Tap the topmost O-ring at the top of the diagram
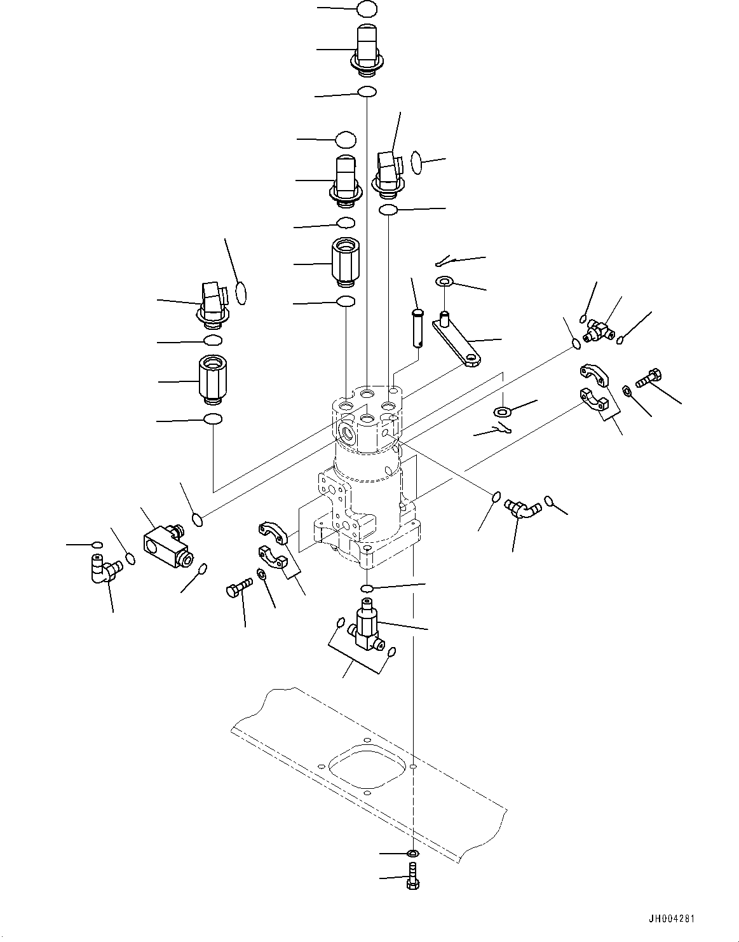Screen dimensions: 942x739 point(367,10)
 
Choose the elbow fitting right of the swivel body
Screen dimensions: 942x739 point(522,510)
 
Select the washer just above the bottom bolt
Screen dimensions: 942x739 point(412,853)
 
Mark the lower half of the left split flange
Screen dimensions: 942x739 point(273,556)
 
